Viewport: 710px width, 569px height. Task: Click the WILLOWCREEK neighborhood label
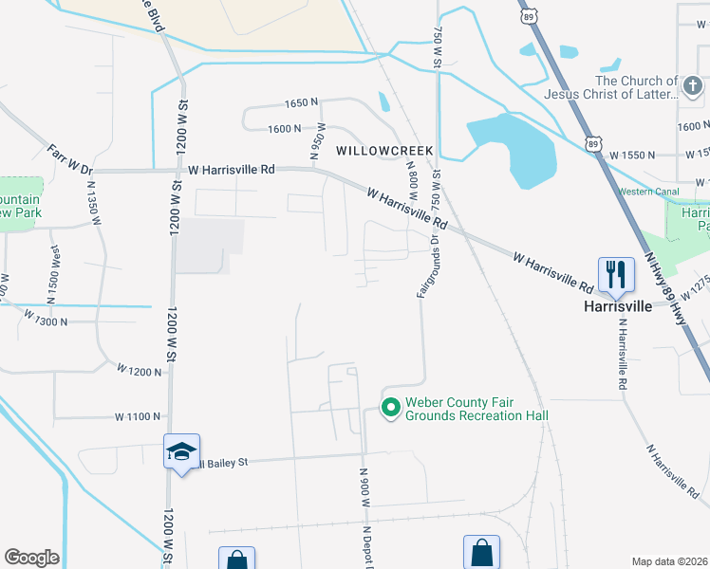[x=383, y=151]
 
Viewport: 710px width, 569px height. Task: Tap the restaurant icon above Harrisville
[x=616, y=275]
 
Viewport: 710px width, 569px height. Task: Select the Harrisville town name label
[x=617, y=306]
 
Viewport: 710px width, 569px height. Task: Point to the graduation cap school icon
[x=180, y=452]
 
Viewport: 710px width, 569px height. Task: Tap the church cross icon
[x=693, y=88]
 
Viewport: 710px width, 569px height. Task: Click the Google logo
[x=31, y=558]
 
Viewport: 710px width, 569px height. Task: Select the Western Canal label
[x=649, y=192]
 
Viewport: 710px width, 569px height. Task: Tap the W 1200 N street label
[x=140, y=371]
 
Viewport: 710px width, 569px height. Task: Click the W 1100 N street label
[x=139, y=416]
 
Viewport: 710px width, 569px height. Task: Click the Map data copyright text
[x=670, y=561]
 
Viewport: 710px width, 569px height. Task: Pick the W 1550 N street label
[x=633, y=154]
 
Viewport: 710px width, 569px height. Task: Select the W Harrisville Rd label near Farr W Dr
[x=232, y=169]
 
